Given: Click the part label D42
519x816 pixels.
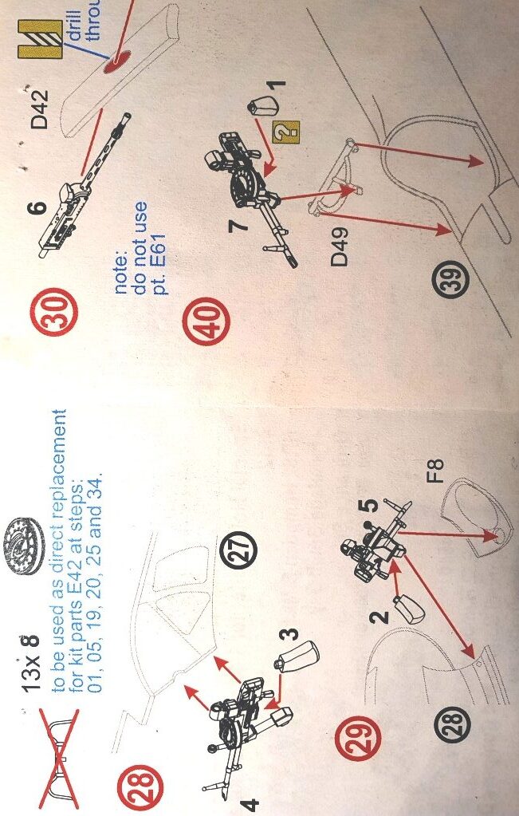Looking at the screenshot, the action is [x=40, y=108].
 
